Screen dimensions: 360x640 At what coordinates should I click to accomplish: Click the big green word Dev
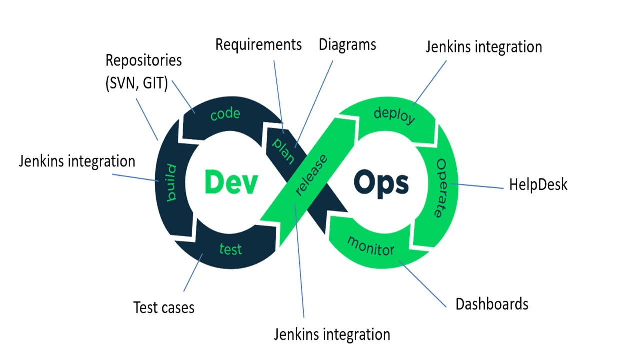[x=231, y=183]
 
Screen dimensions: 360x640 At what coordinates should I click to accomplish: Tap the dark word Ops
[x=381, y=184]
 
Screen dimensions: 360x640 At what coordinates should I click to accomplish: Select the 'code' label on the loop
[x=225, y=114]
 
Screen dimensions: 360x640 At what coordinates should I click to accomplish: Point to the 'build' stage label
[x=172, y=182]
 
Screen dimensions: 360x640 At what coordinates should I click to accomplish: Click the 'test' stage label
[x=230, y=248]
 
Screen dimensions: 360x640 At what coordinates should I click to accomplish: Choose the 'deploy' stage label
[x=394, y=116]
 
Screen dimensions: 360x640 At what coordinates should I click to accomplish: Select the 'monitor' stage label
[x=371, y=246]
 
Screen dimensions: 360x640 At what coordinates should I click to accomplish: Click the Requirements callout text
[x=258, y=45]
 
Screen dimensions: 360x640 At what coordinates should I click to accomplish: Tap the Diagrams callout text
[x=347, y=45]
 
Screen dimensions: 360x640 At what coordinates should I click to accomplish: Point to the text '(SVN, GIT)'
[x=136, y=83]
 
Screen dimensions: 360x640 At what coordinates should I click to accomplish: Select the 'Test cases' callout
[x=164, y=307]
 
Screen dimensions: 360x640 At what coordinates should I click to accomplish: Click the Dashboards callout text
[x=492, y=304]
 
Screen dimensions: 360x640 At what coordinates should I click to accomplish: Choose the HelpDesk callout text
[x=538, y=185]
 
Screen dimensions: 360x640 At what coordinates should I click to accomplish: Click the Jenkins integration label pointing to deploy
[x=484, y=47]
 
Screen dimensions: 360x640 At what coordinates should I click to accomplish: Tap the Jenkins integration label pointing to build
[x=77, y=161]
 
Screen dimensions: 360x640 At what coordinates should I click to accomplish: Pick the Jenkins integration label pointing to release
[x=332, y=334]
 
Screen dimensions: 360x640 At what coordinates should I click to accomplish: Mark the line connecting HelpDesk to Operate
[x=480, y=187]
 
